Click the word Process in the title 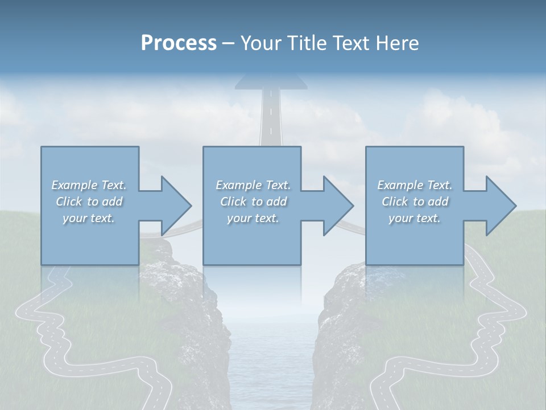tap(179, 43)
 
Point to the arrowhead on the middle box tap(337, 206)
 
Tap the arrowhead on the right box tap(500, 206)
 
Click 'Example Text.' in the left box tap(89, 185)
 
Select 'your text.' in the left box tap(89, 218)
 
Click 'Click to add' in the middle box tap(253, 202)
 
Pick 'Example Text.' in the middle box tap(253, 185)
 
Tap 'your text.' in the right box tap(415, 218)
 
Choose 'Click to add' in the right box tap(415, 202)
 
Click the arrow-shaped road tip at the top tap(271, 83)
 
